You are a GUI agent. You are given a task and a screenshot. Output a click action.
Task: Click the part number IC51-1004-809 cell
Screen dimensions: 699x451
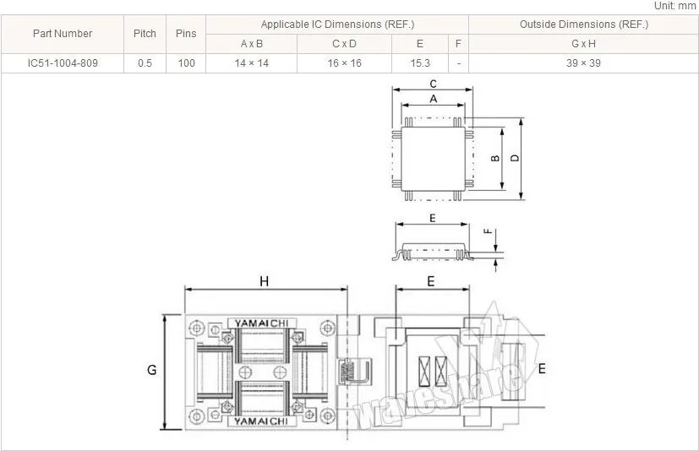63,63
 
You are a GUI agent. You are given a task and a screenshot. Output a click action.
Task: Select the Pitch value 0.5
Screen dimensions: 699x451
145,63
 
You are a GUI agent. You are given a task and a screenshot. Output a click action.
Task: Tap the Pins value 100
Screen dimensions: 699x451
186,63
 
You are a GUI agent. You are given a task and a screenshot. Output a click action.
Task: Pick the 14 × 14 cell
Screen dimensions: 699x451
251,63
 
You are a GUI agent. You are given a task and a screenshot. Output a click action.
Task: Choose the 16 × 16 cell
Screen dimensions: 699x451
344,63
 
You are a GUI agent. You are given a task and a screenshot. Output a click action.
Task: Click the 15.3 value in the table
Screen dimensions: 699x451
420,63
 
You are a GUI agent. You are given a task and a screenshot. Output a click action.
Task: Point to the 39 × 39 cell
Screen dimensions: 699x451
583,63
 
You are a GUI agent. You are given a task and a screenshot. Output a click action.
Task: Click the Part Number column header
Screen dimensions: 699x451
63,34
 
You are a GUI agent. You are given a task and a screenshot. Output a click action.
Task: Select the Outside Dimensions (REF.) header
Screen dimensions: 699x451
584,24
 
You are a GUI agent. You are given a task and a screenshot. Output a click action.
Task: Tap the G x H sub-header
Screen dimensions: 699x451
583,44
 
